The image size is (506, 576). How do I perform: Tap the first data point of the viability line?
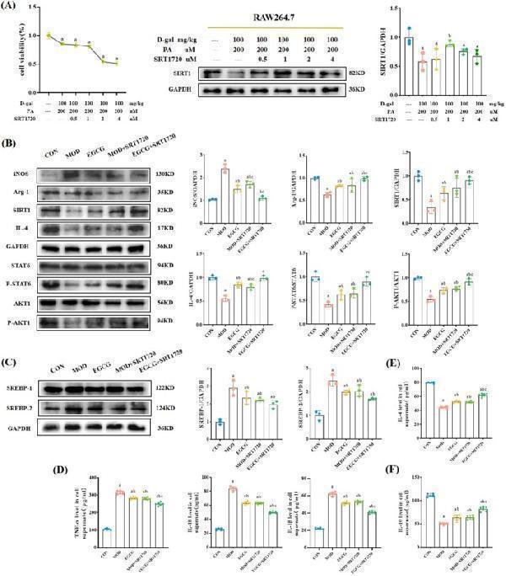(x=50, y=35)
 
